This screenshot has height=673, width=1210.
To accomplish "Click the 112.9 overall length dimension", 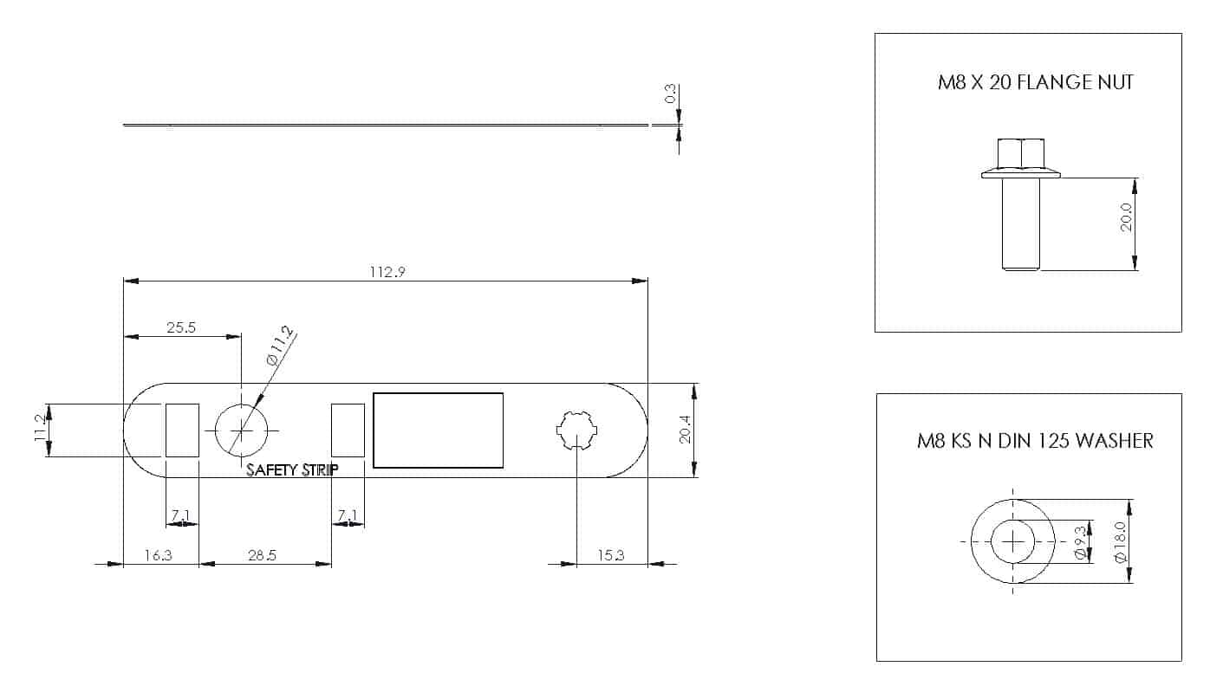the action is (387, 271).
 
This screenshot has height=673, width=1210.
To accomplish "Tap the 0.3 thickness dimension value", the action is (670, 94).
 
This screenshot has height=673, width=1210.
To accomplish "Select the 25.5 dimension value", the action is (181, 327).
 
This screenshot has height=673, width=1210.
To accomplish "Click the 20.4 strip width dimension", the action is (685, 429).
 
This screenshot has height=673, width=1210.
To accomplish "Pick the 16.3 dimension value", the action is (159, 555).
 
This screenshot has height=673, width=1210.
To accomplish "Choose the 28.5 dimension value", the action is (262, 555).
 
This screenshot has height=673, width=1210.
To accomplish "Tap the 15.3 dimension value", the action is (611, 555).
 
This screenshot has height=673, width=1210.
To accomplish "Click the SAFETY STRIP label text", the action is (292, 470).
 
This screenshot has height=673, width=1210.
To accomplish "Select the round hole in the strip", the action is (241, 430).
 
